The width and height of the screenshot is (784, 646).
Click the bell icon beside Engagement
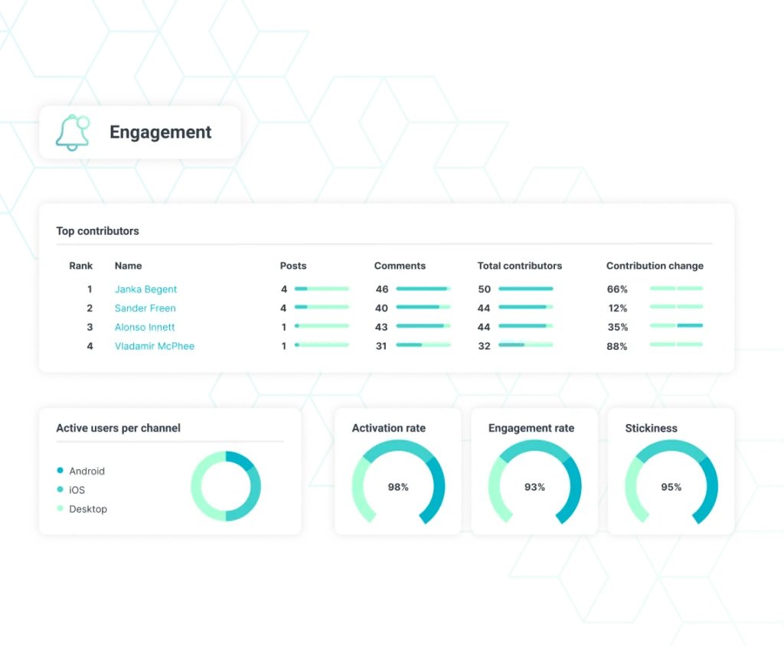[x=72, y=132]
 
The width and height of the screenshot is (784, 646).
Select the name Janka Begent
[x=145, y=289]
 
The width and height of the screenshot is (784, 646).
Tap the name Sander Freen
[x=145, y=308]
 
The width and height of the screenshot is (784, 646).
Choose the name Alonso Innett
[x=145, y=327]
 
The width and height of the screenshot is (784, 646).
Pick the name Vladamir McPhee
[x=154, y=346]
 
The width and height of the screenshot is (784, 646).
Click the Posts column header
[x=293, y=266]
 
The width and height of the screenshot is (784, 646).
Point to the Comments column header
[x=400, y=266]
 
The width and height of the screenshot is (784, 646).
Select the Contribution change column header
[x=655, y=266]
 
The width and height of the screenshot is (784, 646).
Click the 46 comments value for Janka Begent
[x=382, y=289]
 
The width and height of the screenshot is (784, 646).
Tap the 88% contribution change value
[x=617, y=346]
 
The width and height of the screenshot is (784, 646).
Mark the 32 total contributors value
[x=484, y=346]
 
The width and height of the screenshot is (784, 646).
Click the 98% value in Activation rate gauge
[x=398, y=487]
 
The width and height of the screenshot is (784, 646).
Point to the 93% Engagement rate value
[x=534, y=487]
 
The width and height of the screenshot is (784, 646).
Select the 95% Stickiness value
[x=671, y=487]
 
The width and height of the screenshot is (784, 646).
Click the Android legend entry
[x=87, y=471]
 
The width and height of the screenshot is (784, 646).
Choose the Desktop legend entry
[x=88, y=509]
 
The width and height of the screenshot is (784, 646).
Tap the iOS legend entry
[x=77, y=490]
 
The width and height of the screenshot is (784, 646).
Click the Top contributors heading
[x=97, y=230]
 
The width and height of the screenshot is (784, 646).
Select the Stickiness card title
[x=651, y=428]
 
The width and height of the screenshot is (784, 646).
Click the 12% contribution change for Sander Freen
[x=617, y=308]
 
